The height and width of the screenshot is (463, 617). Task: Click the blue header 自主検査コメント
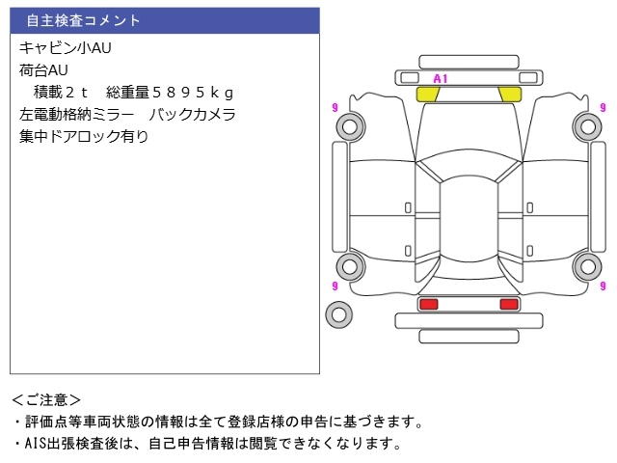(84, 20)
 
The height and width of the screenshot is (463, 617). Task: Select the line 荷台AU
(44, 69)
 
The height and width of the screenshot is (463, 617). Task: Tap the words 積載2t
(62, 92)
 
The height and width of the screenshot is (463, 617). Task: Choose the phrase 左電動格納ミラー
(80, 114)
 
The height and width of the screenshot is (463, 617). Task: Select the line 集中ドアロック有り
(84, 136)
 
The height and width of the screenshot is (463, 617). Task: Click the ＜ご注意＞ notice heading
(46, 399)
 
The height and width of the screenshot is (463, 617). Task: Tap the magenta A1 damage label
(441, 78)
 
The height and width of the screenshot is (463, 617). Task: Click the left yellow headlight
(427, 94)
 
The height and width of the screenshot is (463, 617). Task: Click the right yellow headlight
(510, 94)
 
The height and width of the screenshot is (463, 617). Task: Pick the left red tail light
(428, 304)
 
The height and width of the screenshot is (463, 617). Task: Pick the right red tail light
(509, 304)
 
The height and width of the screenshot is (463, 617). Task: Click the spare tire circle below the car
(338, 313)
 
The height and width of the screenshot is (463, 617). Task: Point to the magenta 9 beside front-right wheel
(603, 107)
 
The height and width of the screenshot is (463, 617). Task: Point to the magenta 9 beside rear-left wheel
(334, 286)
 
